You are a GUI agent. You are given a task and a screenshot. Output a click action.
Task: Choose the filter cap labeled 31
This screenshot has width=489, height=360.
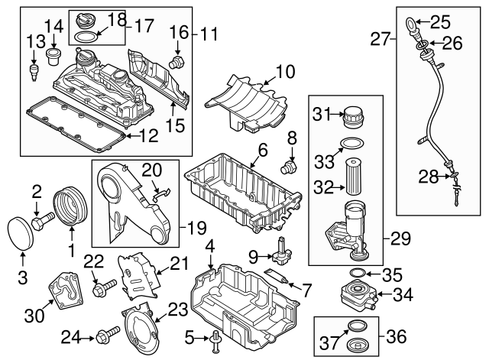point(354,117)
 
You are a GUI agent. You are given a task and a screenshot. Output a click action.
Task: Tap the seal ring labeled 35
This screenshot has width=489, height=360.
point(353,273)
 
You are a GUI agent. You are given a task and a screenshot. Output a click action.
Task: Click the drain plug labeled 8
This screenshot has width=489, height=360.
point(290,164)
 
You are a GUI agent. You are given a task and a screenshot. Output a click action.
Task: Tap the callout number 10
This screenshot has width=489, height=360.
point(284,73)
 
